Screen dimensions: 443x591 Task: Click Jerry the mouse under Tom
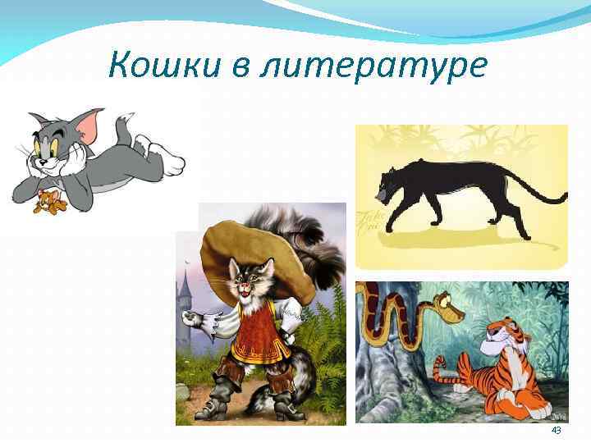[47, 201]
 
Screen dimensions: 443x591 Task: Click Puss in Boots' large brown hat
[246, 250]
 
